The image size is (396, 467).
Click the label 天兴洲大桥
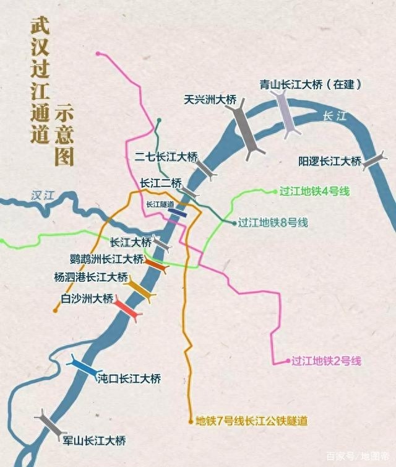pyautogui.click(x=210, y=98)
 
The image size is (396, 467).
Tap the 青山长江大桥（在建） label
pyautogui.click(x=310, y=84)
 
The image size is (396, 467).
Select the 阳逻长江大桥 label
pyautogui.click(x=329, y=162)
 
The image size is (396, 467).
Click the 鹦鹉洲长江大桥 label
pyautogui.click(x=107, y=258)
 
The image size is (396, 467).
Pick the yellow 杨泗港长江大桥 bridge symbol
pyautogui.click(x=140, y=289)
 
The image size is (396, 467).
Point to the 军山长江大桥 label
pyautogui.click(x=94, y=441)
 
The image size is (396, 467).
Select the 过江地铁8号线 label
pyautogui.click(x=273, y=223)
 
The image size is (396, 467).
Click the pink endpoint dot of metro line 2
pyautogui.click(x=286, y=360)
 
